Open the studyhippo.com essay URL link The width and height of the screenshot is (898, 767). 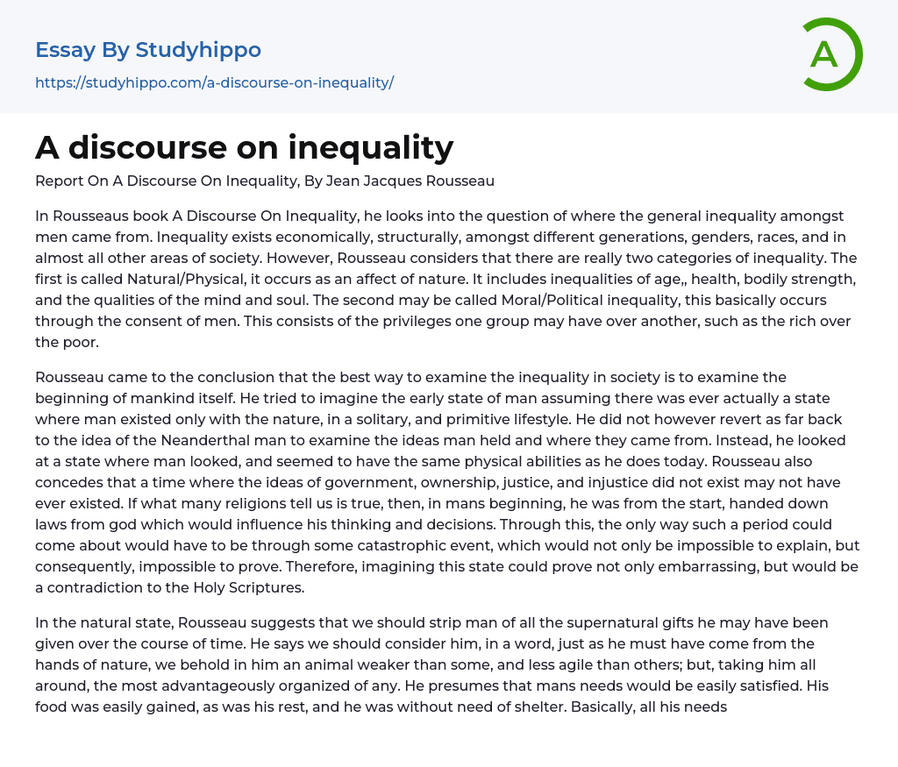point(214,82)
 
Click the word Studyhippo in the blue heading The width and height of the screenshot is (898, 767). point(198,50)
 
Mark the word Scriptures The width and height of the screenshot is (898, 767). point(264,587)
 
